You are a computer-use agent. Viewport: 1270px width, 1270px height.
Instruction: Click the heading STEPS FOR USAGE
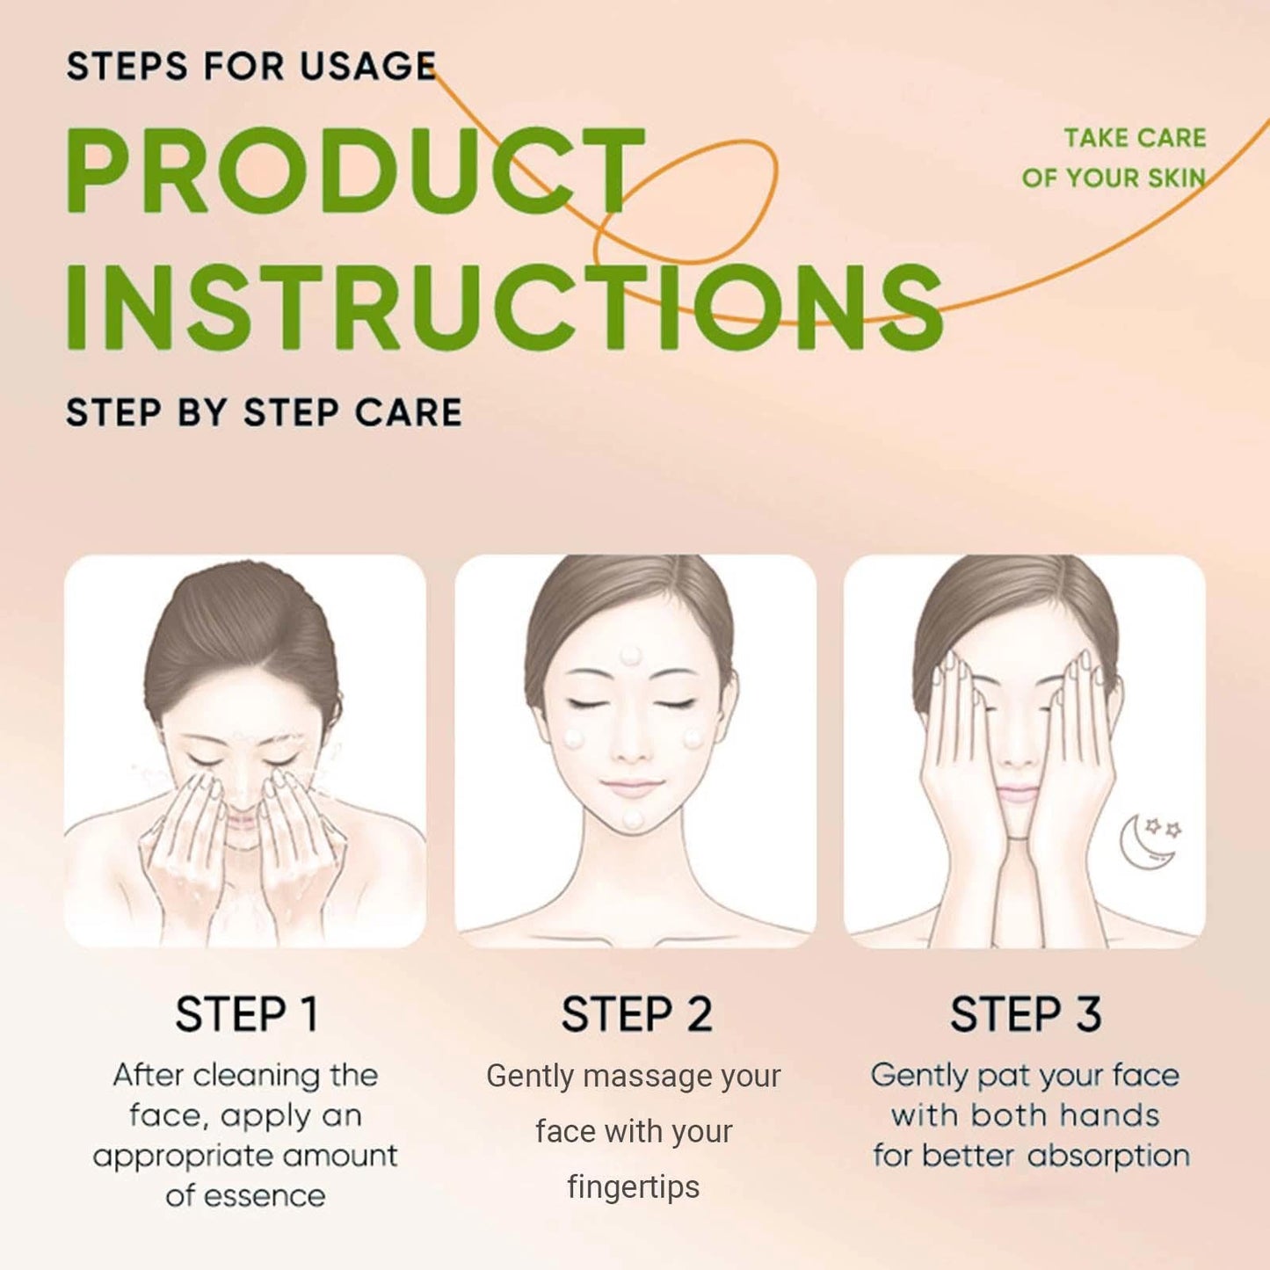pyautogui.click(x=251, y=67)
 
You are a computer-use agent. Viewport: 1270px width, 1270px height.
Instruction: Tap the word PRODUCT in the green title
pyautogui.click(x=354, y=171)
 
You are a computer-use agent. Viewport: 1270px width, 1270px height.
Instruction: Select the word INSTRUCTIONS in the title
pyautogui.click(x=504, y=307)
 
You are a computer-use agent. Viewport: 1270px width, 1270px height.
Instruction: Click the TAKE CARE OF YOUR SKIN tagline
pyautogui.click(x=1114, y=158)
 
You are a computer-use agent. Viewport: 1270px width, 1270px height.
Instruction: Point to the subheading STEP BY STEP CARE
pyautogui.click(x=264, y=413)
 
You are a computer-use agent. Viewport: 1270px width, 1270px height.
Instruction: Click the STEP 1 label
pyautogui.click(x=246, y=1014)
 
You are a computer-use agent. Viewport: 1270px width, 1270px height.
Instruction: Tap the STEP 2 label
pyautogui.click(x=636, y=1014)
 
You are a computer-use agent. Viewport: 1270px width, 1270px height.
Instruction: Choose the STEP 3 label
pyautogui.click(x=1026, y=1014)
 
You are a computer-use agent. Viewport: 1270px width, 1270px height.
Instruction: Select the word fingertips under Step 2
pyautogui.click(x=634, y=1187)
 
